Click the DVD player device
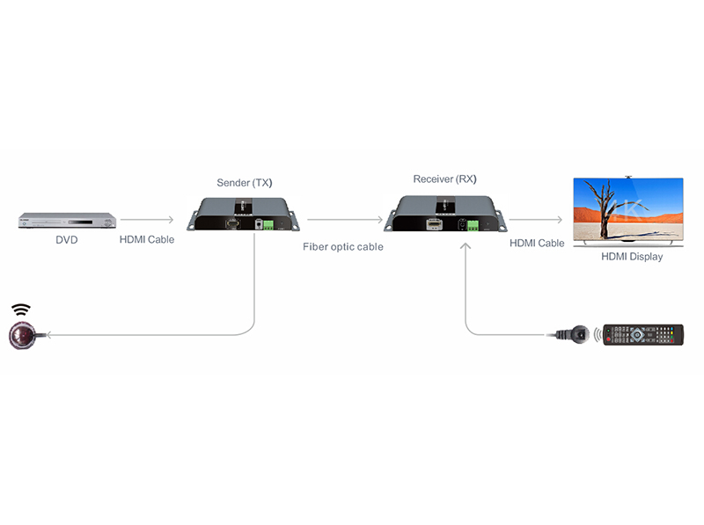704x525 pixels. pyautogui.click(x=67, y=221)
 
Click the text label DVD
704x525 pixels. pyautogui.click(x=66, y=239)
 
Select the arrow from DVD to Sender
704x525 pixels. pyautogui.click(x=146, y=220)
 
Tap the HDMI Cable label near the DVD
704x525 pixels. pyautogui.click(x=147, y=239)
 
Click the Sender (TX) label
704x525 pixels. pyautogui.click(x=244, y=183)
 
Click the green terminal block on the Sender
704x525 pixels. pyautogui.click(x=268, y=225)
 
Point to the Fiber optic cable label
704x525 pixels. pyautogui.click(x=343, y=247)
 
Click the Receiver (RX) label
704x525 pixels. pyautogui.click(x=444, y=179)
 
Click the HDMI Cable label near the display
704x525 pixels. pyautogui.click(x=537, y=243)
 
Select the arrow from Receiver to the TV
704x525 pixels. pyautogui.click(x=535, y=220)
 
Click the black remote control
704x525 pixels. pyautogui.click(x=642, y=334)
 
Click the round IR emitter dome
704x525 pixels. pyautogui.click(x=21, y=335)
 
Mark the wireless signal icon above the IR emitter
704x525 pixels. pyautogui.click(x=21, y=310)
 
